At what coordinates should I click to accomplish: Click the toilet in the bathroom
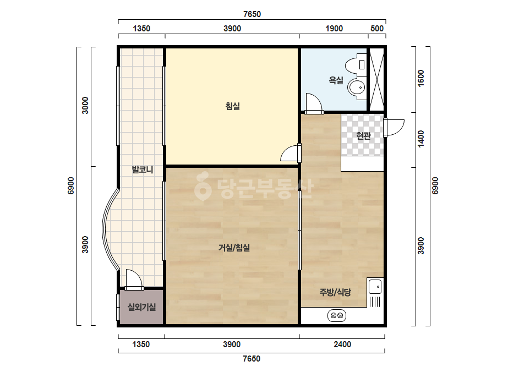356,65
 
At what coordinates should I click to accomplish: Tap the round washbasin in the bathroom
357,87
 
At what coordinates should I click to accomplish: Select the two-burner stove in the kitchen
337,315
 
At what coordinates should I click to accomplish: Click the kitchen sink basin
375,287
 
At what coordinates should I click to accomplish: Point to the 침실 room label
233,106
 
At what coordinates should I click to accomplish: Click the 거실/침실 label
234,248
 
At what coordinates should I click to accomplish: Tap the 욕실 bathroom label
336,80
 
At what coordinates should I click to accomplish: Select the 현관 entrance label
363,135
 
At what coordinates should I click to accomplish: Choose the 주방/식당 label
335,292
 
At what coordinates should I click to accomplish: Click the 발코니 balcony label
143,169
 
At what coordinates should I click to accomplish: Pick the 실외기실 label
141,307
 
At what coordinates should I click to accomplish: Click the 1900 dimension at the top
334,29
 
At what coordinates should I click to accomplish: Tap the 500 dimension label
377,29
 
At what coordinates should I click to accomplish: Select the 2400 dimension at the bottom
342,344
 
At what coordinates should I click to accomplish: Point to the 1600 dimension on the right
421,78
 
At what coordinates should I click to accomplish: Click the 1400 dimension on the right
421,138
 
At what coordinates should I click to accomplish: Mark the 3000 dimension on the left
85,105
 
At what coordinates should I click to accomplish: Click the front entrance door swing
394,127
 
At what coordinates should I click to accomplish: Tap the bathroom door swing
314,103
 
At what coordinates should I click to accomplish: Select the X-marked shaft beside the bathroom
376,80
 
